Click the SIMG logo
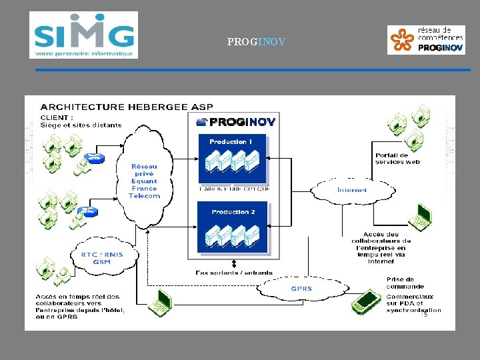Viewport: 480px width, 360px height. pyautogui.click(x=83, y=35)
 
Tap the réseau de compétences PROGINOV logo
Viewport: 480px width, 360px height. pyautogui.click(x=426, y=39)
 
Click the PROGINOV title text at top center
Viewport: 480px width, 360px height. pyautogui.click(x=256, y=42)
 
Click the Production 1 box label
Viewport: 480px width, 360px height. pyautogui.click(x=231, y=141)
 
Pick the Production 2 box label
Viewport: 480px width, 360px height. pyautogui.click(x=233, y=212)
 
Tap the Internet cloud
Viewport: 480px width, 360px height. pyautogui.click(x=352, y=190)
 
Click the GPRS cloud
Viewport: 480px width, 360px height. pyautogui.click(x=301, y=289)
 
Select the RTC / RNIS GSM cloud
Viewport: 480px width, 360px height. pyautogui.click(x=101, y=257)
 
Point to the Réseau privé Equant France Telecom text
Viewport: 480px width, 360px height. pyautogui.click(x=145, y=181)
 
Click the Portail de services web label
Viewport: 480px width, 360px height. pyautogui.click(x=397, y=159)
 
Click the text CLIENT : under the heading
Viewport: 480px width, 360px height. pyautogui.click(x=57, y=118)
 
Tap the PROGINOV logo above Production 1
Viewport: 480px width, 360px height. pyautogui.click(x=236, y=121)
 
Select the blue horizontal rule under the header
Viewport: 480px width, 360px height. pyautogui.click(x=253, y=70)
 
